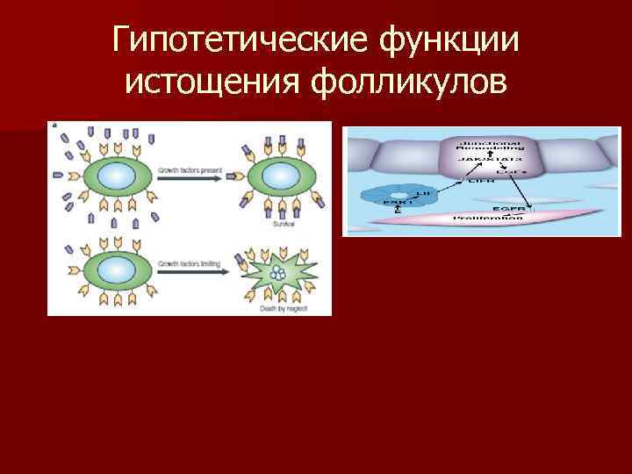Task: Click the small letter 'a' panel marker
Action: tap(54, 126)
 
